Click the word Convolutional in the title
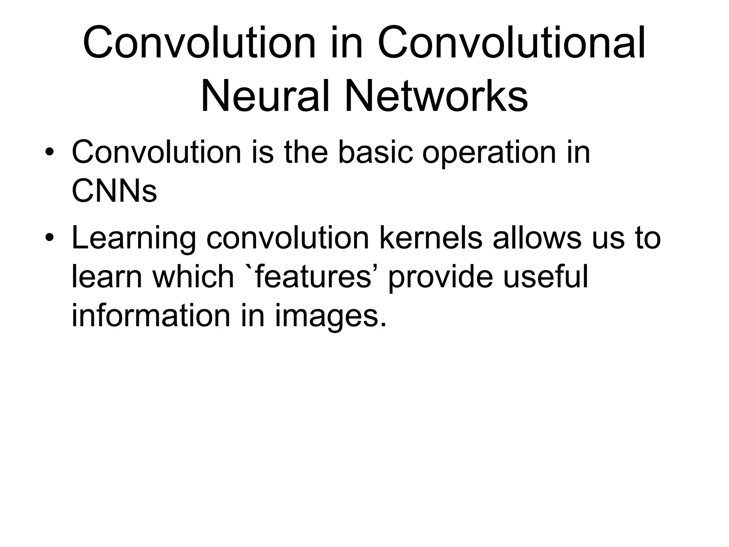pos(511,43)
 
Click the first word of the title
pos(199,43)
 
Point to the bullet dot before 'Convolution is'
pos(49,153)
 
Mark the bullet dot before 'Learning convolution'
pos(49,238)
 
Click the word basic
pos(376,153)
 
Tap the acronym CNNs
pos(114,191)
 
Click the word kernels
pos(431,238)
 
